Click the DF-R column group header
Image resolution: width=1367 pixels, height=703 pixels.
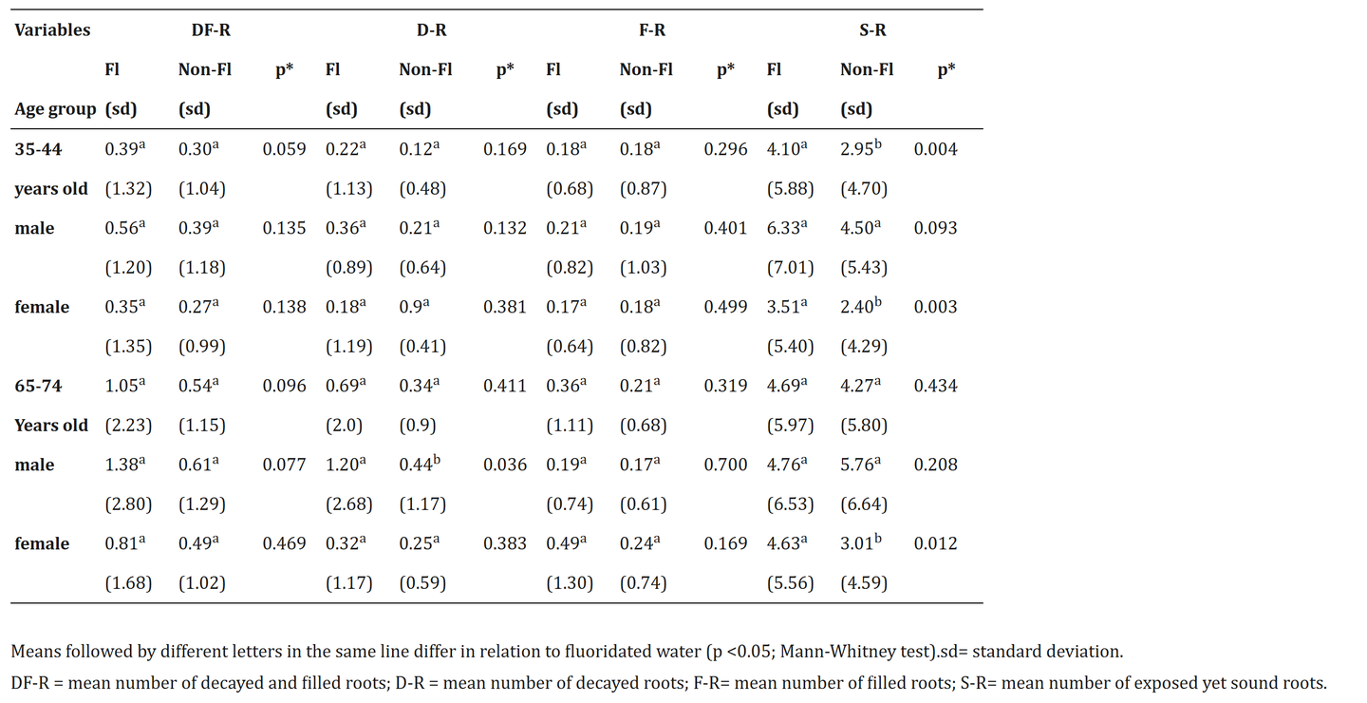(211, 29)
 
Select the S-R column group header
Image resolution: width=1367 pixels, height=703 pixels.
(871, 29)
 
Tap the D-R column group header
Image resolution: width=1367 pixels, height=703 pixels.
(431, 29)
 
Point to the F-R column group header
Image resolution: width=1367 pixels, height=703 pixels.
(651, 29)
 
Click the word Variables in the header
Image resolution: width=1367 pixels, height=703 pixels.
(52, 29)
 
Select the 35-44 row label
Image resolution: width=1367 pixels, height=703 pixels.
(38, 149)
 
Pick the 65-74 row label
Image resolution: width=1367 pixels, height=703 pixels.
(38, 386)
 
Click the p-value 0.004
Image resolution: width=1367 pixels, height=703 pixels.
(935, 149)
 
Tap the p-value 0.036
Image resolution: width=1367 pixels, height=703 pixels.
(504, 465)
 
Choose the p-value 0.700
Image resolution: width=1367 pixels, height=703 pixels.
(724, 465)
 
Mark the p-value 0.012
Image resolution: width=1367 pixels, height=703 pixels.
(935, 543)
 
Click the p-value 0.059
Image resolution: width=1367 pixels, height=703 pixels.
(284, 149)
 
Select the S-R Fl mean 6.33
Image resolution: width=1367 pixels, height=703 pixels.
(785, 228)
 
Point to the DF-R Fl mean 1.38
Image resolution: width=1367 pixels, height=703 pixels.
(123, 465)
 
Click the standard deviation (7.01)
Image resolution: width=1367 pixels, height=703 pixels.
(790, 268)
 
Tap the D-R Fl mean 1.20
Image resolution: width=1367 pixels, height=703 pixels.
(344, 465)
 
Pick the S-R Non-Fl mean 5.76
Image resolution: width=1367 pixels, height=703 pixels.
(859, 465)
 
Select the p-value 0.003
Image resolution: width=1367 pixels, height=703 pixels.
(935, 307)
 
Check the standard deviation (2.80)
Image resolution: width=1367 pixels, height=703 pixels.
(128, 504)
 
